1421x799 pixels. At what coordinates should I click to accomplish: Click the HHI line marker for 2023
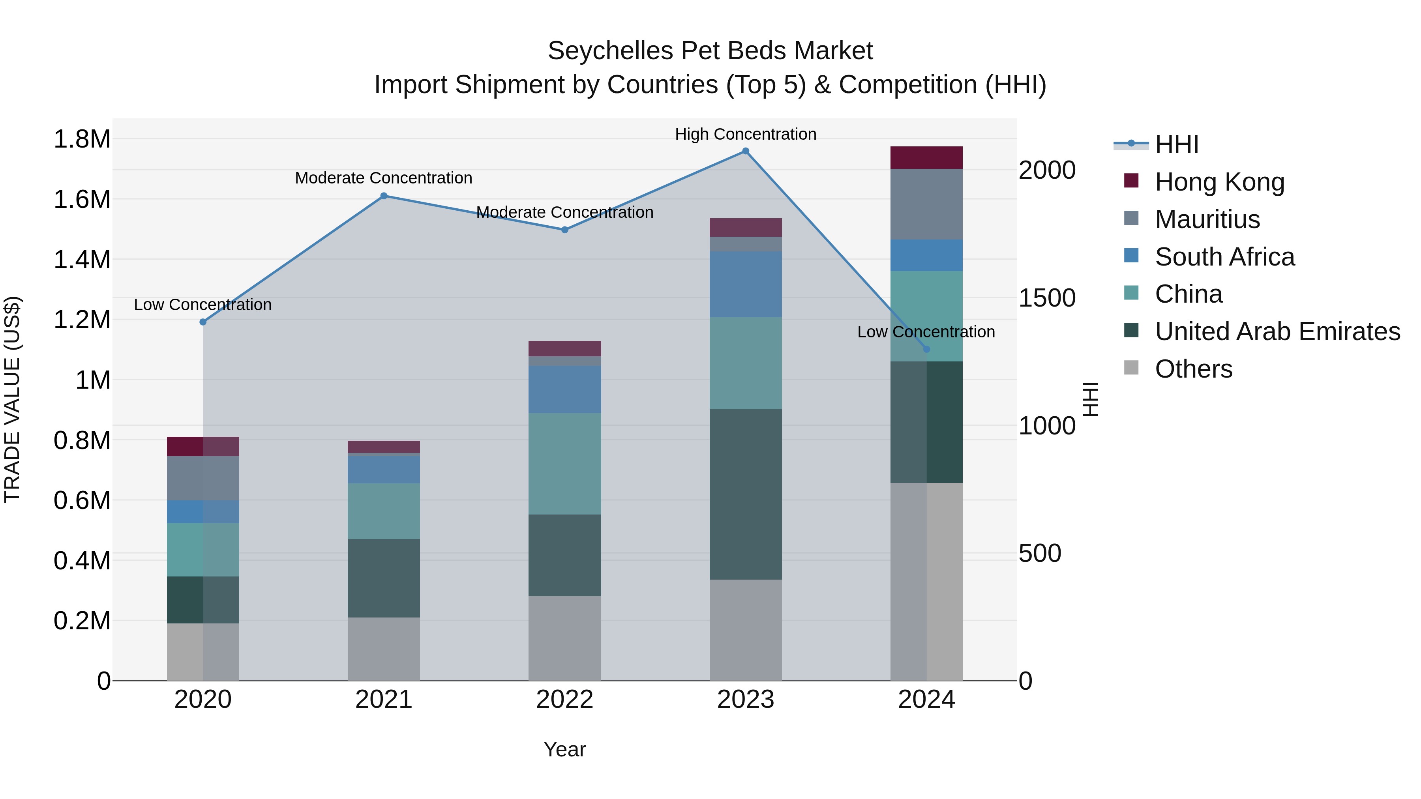[x=745, y=151]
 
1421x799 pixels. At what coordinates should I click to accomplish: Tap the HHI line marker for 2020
[x=203, y=322]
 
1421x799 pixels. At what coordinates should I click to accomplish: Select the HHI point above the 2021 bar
[x=384, y=196]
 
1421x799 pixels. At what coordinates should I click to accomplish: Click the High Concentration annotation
[x=745, y=134]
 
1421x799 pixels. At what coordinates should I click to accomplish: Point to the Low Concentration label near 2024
[x=926, y=332]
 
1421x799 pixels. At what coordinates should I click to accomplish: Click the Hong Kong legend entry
[x=1219, y=182]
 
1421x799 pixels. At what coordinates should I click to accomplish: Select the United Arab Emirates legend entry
[x=1277, y=331]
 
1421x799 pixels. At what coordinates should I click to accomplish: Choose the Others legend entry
[x=1193, y=369]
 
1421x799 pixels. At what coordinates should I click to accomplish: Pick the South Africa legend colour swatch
[x=1131, y=256]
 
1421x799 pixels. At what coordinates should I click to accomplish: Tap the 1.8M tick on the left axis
[x=82, y=139]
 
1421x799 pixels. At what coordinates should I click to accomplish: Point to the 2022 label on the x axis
[x=564, y=700]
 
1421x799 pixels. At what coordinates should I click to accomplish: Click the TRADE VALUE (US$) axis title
[x=13, y=399]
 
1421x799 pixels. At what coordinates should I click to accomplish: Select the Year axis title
[x=564, y=749]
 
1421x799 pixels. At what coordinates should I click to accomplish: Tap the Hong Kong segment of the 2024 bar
[x=926, y=158]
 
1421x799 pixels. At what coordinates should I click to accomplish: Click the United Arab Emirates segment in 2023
[x=745, y=494]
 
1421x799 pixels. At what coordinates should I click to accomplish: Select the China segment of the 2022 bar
[x=564, y=463]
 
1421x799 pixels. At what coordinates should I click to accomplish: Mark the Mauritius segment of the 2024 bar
[x=926, y=204]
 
